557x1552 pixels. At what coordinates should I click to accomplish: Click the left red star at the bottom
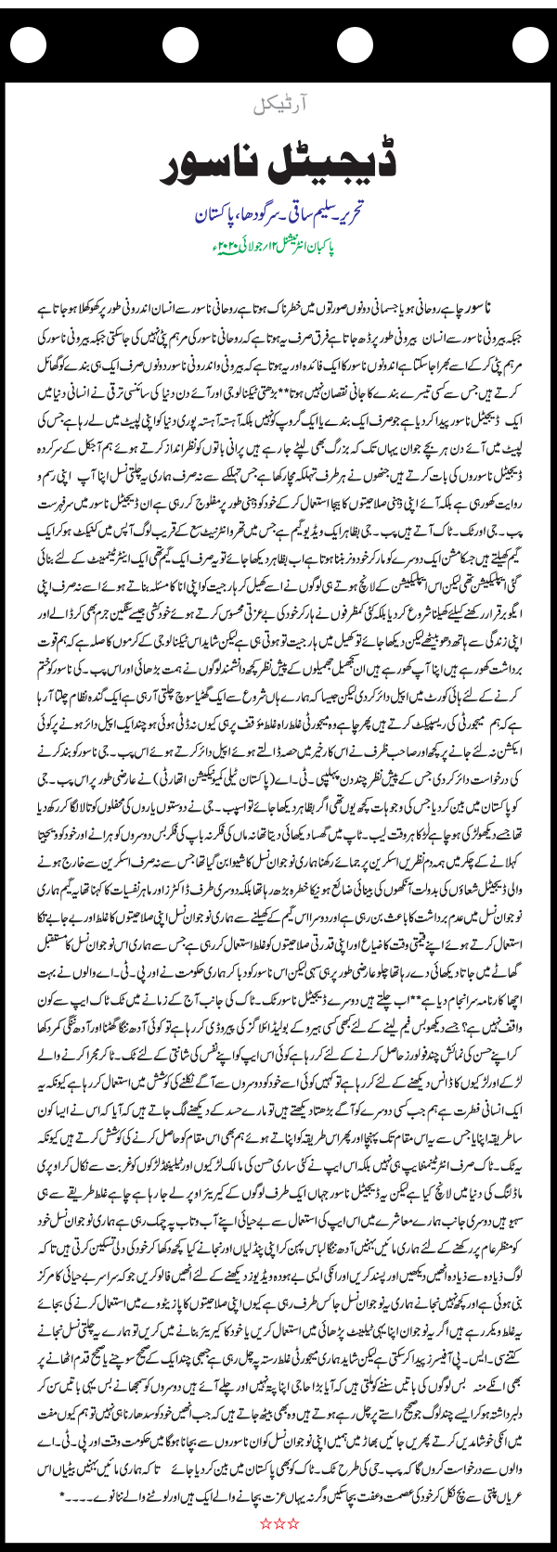(x=264, y=1522)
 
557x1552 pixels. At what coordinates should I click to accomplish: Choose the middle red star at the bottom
(x=278, y=1522)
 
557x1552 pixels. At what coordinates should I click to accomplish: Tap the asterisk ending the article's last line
(x=61, y=1494)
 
